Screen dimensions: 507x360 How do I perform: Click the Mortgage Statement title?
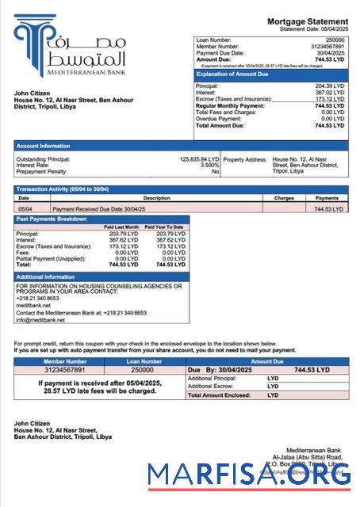pyautogui.click(x=307, y=21)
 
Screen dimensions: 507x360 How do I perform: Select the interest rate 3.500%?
pyautogui.click(x=209, y=166)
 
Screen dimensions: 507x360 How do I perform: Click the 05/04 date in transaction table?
pyautogui.click(x=25, y=208)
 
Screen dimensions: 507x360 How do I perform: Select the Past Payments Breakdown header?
pyautogui.click(x=52, y=218)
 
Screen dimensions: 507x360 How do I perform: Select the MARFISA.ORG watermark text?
pyautogui.click(x=250, y=475)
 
